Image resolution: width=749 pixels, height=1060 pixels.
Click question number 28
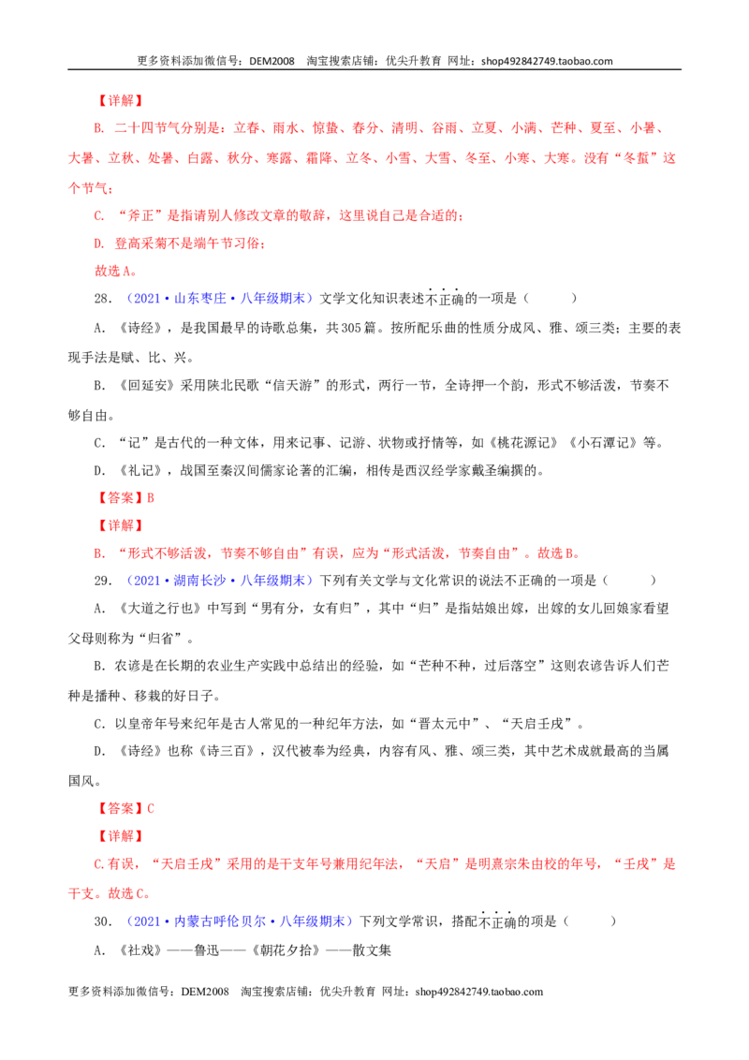click(103, 299)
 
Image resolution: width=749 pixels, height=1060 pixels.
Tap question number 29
click(103, 581)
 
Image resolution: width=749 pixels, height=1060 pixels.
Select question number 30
click(103, 921)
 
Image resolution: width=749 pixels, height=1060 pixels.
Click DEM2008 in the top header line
click(272, 61)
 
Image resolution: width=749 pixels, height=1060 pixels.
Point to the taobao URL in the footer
click(479, 992)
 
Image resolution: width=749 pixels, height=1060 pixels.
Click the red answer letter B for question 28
click(151, 497)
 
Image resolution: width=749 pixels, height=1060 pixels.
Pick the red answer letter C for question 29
click(151, 808)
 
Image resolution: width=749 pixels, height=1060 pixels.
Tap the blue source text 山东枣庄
click(200, 299)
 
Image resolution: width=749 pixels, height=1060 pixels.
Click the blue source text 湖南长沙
click(200, 581)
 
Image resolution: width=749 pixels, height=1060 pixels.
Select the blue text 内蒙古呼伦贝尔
click(220, 921)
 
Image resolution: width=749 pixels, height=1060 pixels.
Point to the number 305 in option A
click(351, 328)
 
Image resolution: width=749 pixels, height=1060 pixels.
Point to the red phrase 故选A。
click(116, 271)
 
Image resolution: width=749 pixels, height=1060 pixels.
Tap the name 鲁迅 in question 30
click(207, 950)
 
